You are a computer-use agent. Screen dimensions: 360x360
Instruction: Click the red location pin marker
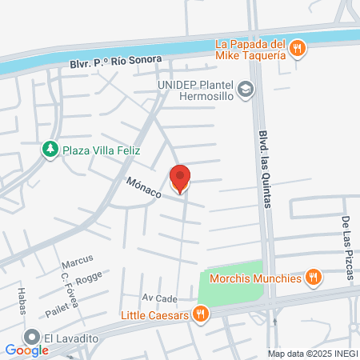click(181, 178)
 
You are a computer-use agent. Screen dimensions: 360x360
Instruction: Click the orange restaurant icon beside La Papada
click(298, 48)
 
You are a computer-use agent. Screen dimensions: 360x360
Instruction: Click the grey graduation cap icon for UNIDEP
click(246, 89)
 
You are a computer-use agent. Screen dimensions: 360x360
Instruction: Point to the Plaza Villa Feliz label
click(102, 150)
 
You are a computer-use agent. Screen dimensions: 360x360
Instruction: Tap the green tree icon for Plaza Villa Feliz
click(50, 150)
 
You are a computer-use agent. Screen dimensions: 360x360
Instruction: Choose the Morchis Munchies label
click(254, 278)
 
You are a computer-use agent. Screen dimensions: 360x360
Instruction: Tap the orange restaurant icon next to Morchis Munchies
click(314, 278)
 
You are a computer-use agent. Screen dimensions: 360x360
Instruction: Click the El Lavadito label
click(72, 338)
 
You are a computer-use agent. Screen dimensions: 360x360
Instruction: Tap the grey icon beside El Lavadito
click(32, 338)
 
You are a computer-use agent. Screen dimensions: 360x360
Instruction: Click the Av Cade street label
click(159, 298)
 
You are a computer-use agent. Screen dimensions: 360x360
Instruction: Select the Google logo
click(27, 350)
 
